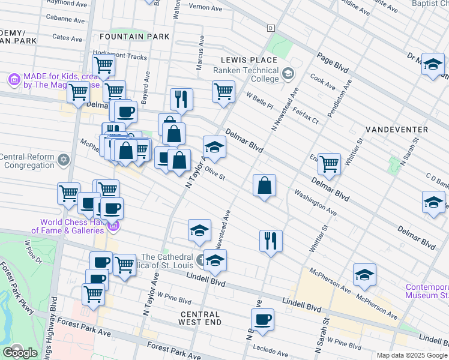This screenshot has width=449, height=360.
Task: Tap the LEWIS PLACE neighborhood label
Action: click(x=249, y=60)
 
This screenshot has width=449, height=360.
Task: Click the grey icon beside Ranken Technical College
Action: click(x=288, y=74)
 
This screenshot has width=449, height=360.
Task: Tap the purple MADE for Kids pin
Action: click(x=14, y=79)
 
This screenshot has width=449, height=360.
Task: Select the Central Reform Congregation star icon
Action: click(x=64, y=161)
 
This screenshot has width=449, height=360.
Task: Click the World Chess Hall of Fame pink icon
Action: click(x=113, y=226)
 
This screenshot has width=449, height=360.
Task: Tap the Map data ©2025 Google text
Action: click(x=412, y=355)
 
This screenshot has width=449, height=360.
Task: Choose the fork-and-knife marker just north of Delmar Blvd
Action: click(x=181, y=98)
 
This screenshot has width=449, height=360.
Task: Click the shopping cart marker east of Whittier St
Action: click(x=329, y=163)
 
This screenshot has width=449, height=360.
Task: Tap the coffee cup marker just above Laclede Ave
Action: click(x=262, y=319)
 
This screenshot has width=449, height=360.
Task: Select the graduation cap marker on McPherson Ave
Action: click(x=364, y=274)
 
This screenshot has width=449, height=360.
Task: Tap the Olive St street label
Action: click(x=214, y=174)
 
